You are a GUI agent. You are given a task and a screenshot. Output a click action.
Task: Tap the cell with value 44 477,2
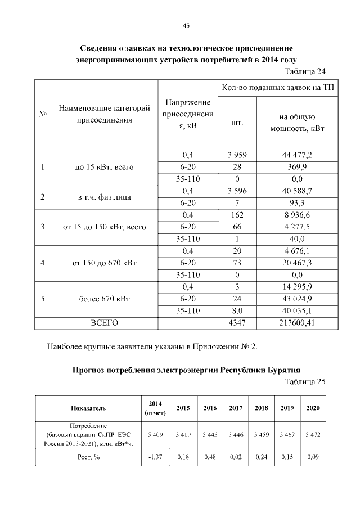point(297,155)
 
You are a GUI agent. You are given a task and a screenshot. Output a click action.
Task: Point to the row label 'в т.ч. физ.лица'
point(104,197)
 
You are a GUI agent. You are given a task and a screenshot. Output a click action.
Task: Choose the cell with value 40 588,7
point(297,191)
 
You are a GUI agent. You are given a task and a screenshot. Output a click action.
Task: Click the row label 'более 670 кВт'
point(104,299)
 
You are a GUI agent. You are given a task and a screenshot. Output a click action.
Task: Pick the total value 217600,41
point(297,323)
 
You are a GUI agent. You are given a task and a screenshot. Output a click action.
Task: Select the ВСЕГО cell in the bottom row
point(104,323)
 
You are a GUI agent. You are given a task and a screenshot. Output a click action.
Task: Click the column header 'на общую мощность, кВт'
point(297,123)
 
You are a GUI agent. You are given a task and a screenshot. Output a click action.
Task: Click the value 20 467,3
point(297,263)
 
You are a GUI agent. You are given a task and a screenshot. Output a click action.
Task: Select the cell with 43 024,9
point(297,299)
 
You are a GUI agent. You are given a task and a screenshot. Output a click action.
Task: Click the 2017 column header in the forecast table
point(236,408)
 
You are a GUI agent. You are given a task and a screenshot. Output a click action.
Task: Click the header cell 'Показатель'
point(88,408)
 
